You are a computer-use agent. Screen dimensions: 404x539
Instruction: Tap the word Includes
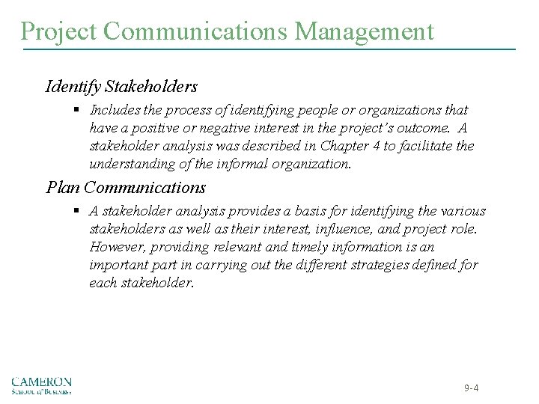click(112, 110)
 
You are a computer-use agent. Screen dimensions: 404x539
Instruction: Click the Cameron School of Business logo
click(41, 385)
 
